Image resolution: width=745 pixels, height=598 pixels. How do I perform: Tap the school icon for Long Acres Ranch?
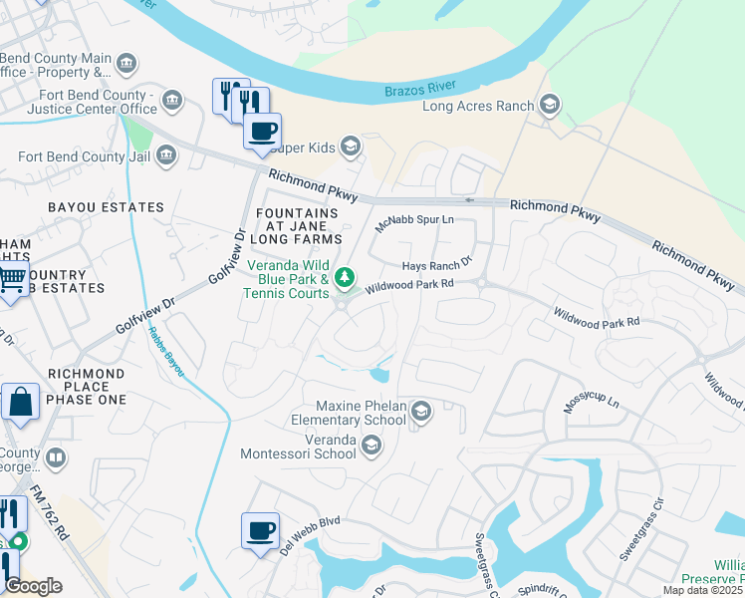549,106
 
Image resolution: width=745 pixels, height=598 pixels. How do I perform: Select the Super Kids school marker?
350,148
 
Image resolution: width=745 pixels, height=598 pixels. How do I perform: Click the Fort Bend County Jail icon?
165,155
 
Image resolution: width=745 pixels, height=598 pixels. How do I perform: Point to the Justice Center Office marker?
172,100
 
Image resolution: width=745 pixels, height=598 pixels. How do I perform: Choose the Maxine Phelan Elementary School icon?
420,412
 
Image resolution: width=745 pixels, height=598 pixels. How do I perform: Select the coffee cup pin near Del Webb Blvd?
261,530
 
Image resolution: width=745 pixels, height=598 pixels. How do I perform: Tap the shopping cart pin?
11,280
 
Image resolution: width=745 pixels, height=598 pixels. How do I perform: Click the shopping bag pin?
20,402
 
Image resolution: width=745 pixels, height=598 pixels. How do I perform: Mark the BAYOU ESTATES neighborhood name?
105,207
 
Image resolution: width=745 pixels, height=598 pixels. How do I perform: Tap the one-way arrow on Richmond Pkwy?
470,200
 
